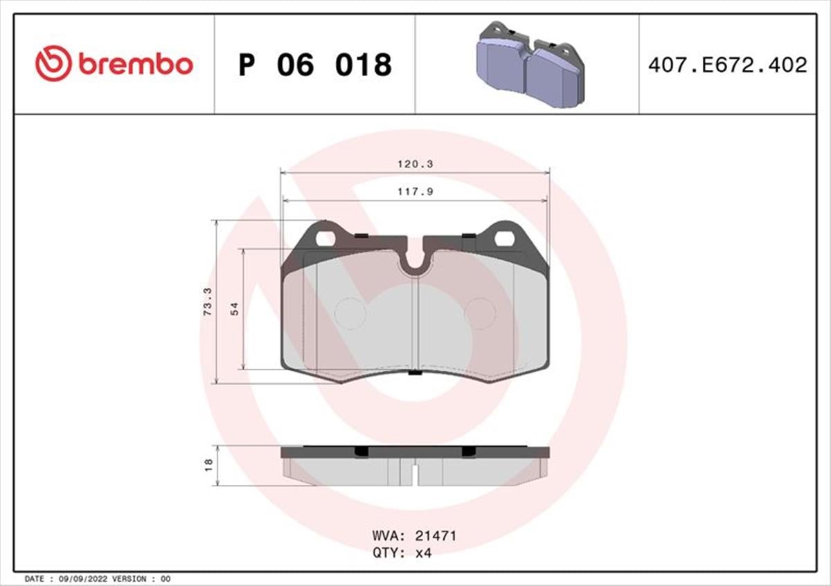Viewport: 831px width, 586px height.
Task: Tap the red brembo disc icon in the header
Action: pyautogui.click(x=53, y=64)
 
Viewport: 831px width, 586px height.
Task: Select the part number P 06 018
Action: pyautogui.click(x=315, y=65)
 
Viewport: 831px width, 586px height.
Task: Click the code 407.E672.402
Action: pyautogui.click(x=728, y=65)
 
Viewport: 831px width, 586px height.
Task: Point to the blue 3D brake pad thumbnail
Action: pyautogui.click(x=530, y=65)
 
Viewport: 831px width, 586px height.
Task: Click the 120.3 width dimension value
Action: pyautogui.click(x=415, y=164)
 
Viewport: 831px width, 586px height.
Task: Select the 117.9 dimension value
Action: pyautogui.click(x=415, y=192)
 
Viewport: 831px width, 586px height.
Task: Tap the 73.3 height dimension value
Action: pyautogui.click(x=208, y=302)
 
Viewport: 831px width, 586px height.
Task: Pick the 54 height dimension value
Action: pyautogui.click(x=235, y=309)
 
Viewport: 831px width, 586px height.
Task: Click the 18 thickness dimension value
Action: pyautogui.click(x=209, y=465)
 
